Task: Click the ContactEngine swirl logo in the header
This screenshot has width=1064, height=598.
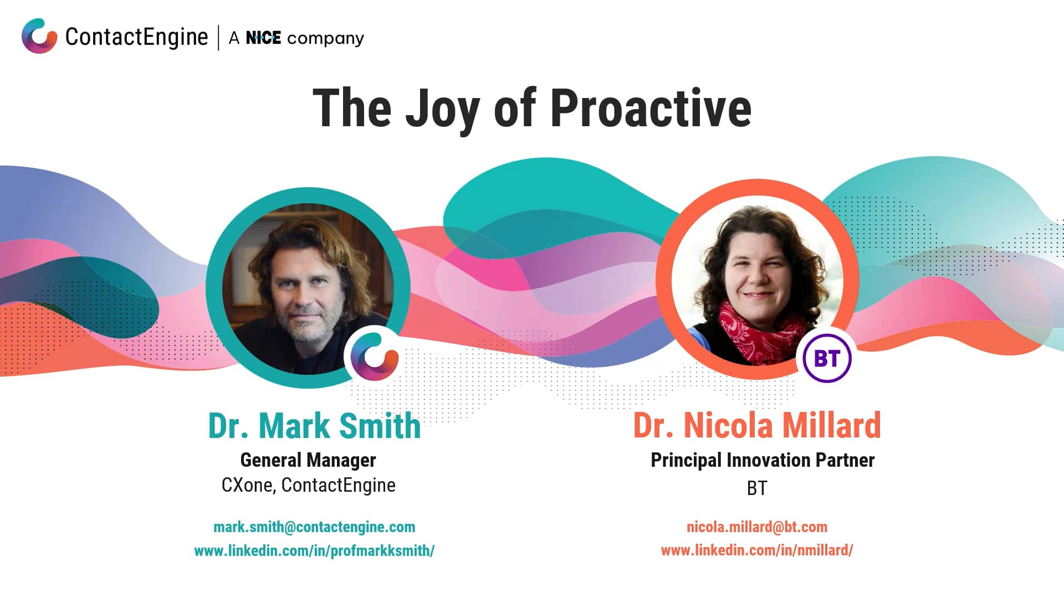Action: tap(39, 36)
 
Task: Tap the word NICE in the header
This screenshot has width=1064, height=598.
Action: tap(263, 38)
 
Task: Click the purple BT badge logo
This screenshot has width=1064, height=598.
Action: tap(827, 358)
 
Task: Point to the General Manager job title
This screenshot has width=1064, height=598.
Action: tap(308, 460)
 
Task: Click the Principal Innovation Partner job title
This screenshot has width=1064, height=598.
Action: tap(763, 460)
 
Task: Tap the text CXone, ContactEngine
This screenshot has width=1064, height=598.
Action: tap(308, 485)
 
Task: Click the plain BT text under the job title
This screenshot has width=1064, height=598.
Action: tap(757, 488)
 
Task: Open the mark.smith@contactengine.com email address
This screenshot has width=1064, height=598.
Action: tap(314, 527)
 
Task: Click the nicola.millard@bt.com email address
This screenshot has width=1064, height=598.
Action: tap(757, 527)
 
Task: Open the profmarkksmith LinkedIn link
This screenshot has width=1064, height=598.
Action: tap(314, 551)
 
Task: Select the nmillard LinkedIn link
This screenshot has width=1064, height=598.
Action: tap(757, 550)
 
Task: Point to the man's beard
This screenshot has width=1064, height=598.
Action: tap(302, 327)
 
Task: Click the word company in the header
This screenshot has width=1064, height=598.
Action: tap(325, 39)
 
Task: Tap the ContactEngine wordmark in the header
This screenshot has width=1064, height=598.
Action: tap(136, 37)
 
